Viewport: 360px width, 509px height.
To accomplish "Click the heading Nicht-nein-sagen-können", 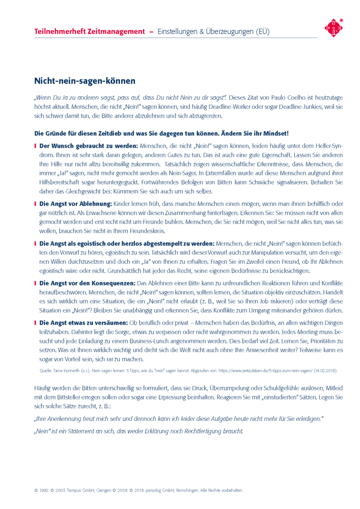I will pyautogui.click(x=84, y=81).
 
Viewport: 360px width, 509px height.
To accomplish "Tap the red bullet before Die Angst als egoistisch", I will pyautogui.click(x=36, y=244).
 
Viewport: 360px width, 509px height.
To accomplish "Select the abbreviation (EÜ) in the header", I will pyautogui.click(x=261, y=32).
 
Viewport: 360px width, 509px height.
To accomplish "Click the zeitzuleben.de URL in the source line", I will pyautogui.click(x=265, y=371).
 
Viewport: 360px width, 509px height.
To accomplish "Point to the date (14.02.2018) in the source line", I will pyautogui.click(x=326, y=371).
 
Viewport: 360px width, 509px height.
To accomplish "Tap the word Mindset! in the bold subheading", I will pyautogui.click(x=276, y=133).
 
